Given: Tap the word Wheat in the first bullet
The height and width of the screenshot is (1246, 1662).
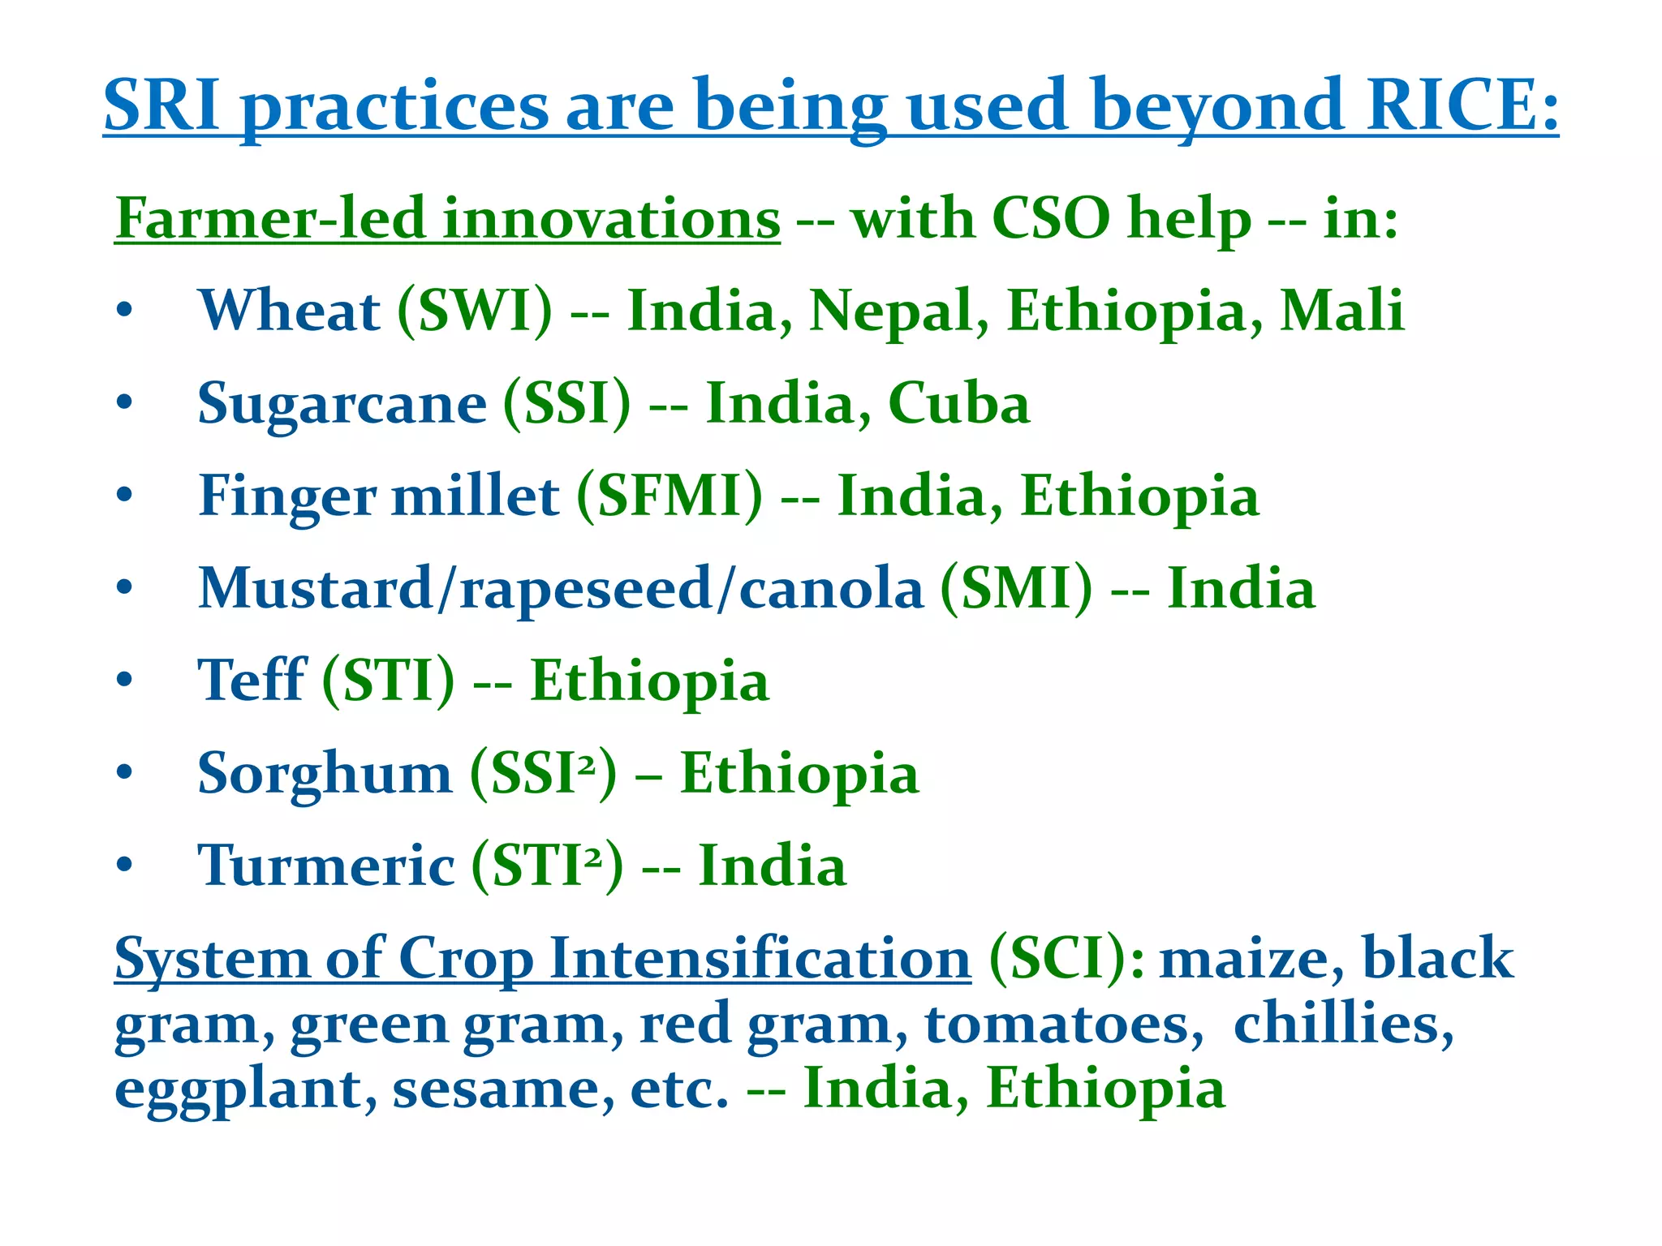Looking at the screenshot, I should click(x=288, y=311).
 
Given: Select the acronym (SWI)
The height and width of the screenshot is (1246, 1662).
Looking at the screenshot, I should click(x=475, y=311).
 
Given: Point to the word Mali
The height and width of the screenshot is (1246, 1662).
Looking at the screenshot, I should click(x=1341, y=311).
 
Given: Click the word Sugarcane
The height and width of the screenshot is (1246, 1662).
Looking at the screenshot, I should click(x=342, y=404).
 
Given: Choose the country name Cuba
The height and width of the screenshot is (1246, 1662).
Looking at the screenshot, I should click(x=958, y=404).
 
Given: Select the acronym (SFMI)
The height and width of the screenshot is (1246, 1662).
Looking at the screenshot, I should click(x=670, y=496).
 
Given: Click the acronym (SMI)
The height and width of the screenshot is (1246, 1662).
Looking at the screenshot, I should click(x=1016, y=589).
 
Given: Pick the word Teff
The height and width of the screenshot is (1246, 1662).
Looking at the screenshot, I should click(x=252, y=681).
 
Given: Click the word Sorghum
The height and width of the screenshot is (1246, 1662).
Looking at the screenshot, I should click(x=325, y=774).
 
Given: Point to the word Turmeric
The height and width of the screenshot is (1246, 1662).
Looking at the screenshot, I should click(x=325, y=866).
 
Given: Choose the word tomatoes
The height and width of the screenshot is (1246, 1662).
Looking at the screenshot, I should click(x=1064, y=1024).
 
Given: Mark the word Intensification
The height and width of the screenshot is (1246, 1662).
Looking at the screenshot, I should click(x=760, y=960).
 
